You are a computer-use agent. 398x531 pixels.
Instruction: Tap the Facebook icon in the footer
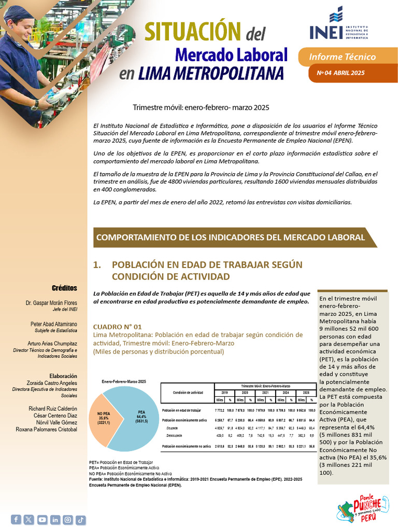pyautogui.click(x=16, y=519)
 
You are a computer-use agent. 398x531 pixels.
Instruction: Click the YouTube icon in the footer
pyautogui.click(x=42, y=519)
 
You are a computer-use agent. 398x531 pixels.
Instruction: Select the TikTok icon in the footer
pyautogui.click(x=81, y=519)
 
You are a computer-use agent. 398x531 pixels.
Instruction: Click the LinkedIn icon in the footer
pyautogui.click(x=55, y=519)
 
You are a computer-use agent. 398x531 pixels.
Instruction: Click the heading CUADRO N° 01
pyautogui.click(x=117, y=327)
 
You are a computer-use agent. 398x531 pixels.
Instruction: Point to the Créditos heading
pyautogui.click(x=64, y=288)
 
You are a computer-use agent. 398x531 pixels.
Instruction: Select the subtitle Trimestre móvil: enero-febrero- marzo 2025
pyautogui.click(x=201, y=107)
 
